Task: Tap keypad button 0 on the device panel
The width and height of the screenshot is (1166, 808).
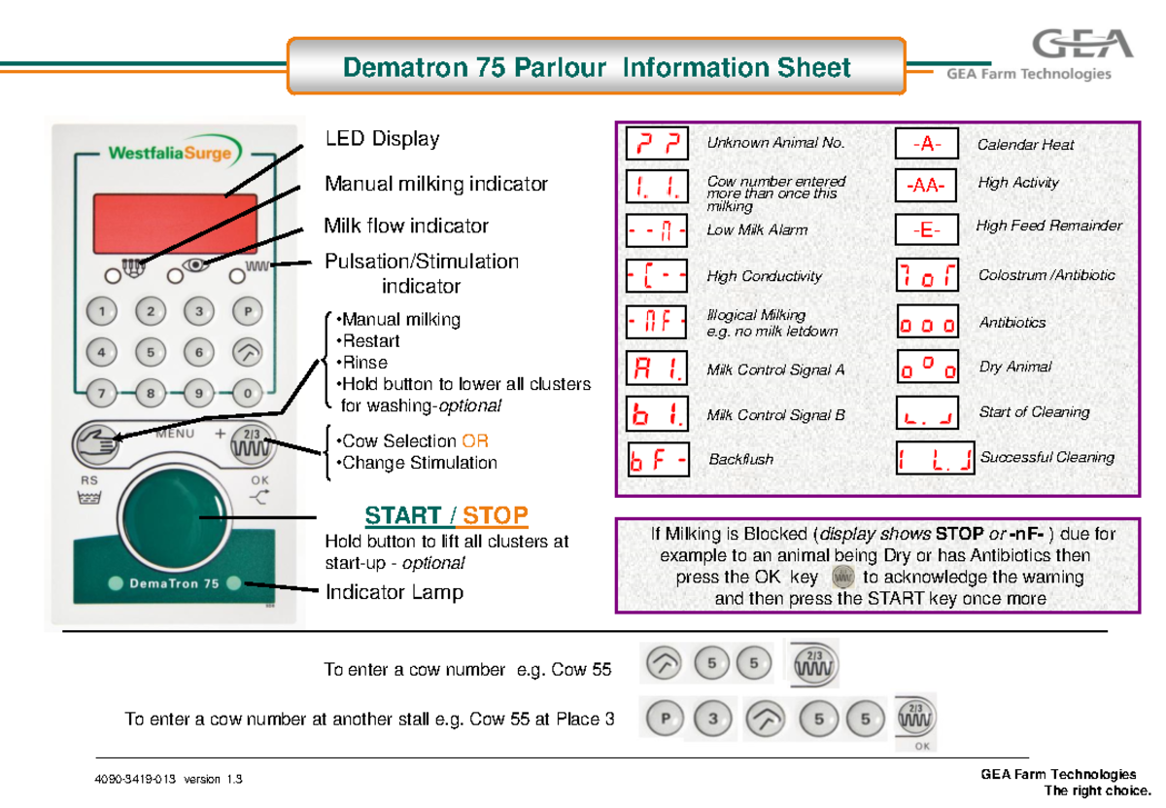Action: (x=249, y=394)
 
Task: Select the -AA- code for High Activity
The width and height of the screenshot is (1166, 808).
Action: (x=926, y=184)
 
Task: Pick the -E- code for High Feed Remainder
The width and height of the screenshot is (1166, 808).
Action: (x=926, y=230)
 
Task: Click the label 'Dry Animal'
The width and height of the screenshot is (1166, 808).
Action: (x=1014, y=368)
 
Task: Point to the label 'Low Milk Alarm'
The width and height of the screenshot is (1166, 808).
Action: (x=757, y=231)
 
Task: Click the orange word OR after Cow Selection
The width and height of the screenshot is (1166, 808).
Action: (x=475, y=441)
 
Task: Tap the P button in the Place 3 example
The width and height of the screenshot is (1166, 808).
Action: (x=665, y=720)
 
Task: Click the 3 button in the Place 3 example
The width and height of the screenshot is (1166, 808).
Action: (x=713, y=720)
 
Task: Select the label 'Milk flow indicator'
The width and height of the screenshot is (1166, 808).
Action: (x=406, y=227)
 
